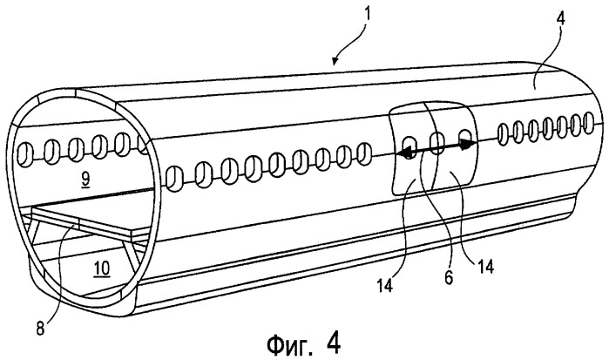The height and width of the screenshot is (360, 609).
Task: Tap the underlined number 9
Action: [x=85, y=179]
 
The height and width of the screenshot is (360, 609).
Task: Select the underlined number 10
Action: [x=101, y=268]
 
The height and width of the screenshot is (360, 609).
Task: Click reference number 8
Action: [x=40, y=329]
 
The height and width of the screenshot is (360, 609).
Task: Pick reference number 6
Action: [x=449, y=277]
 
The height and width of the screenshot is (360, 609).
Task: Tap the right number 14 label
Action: [x=485, y=267]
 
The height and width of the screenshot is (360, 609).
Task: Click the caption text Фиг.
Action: [x=289, y=344]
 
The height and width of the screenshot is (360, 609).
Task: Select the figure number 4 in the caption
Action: [x=333, y=342]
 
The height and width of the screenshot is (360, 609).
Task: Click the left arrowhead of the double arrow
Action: [x=403, y=153]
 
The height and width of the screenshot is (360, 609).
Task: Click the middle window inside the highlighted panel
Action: [x=436, y=143]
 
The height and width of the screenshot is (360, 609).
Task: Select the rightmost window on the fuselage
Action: [x=588, y=121]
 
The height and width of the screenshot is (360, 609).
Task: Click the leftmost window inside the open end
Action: [x=25, y=155]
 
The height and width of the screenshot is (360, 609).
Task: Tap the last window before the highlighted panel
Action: [x=363, y=153]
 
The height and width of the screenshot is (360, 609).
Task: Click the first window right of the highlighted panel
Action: [x=503, y=134]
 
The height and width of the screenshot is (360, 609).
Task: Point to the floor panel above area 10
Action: [x=91, y=222]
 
